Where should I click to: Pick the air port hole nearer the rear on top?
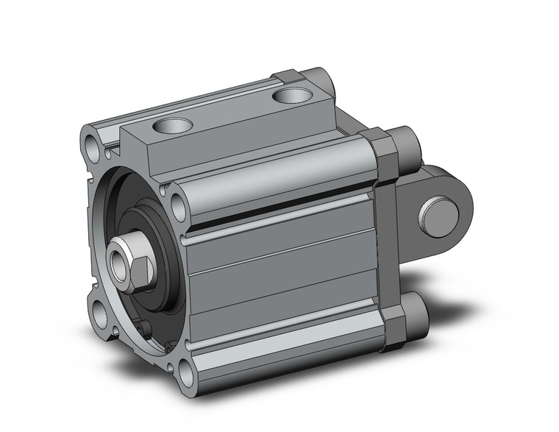click(x=289, y=95)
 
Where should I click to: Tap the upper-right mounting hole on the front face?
click(x=177, y=199)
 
